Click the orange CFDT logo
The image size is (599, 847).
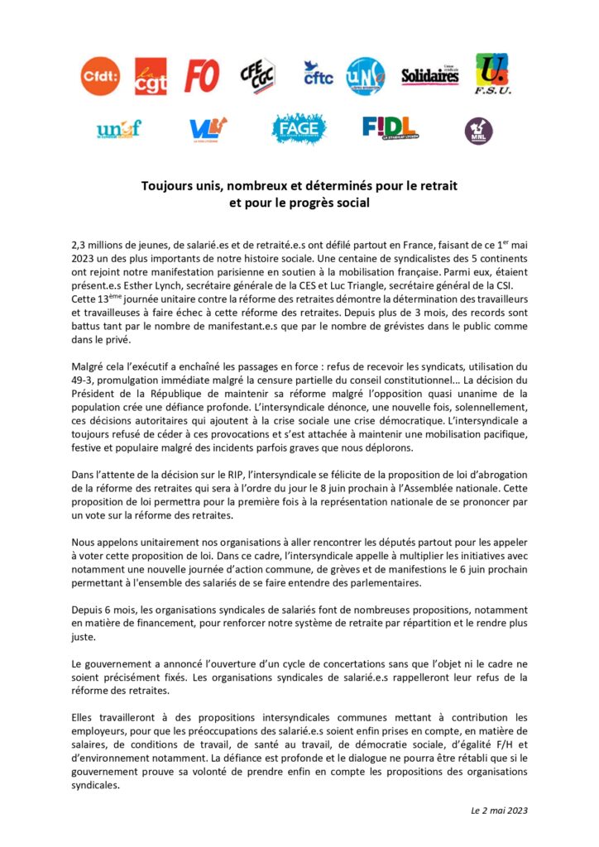[x=100, y=76]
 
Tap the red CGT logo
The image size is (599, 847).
[x=151, y=76]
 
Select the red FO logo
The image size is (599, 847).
[x=202, y=76]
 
